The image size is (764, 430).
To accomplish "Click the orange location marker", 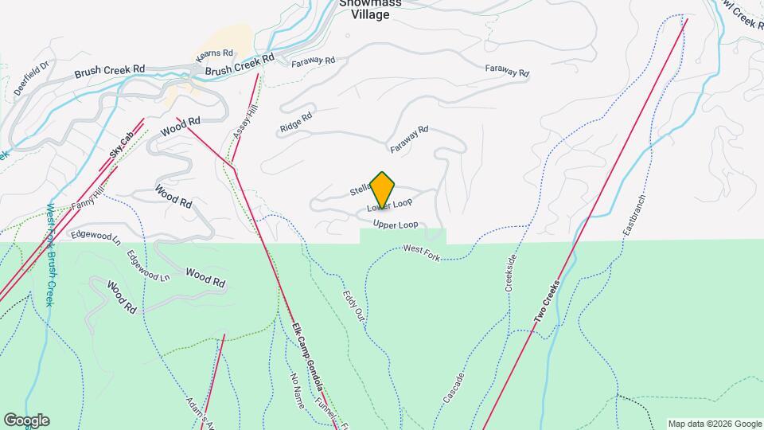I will pyautogui.click(x=383, y=190).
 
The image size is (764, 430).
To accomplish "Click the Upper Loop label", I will pyautogui.click(x=396, y=225).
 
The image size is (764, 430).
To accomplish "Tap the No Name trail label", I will pyautogui.click(x=298, y=390).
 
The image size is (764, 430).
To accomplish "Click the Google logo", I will pyautogui.click(x=26, y=420).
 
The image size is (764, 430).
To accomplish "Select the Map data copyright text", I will pyautogui.click(x=715, y=424).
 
